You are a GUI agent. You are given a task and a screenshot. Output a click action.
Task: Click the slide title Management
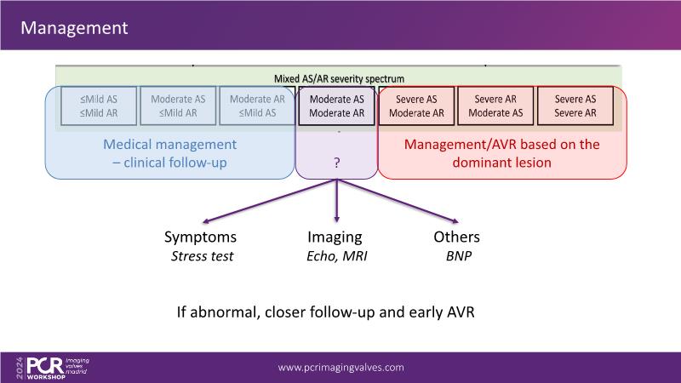[x=74, y=28]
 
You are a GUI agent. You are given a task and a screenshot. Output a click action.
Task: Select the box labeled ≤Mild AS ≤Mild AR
[x=99, y=106]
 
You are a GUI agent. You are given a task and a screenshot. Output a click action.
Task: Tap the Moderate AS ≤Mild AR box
[x=178, y=106]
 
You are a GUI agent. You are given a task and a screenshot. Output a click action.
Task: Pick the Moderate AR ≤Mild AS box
[x=257, y=106]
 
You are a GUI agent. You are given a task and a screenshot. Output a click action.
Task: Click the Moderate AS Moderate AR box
[x=336, y=106]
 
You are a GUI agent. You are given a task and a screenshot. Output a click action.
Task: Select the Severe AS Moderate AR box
[x=415, y=106]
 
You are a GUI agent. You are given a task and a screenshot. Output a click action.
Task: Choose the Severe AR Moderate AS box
[x=495, y=106]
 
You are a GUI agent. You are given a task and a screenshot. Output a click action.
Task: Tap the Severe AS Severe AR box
[x=575, y=106]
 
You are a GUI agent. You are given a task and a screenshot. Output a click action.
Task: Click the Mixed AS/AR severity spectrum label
[x=339, y=77]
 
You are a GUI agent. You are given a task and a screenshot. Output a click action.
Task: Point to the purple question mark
[x=336, y=162]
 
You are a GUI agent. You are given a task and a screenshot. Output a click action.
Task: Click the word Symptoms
[x=200, y=237]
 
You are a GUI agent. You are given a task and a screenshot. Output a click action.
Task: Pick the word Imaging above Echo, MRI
[x=335, y=237]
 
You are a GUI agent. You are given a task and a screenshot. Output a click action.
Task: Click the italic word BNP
[x=457, y=254]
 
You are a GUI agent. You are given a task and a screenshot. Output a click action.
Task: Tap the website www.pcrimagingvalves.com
[x=341, y=368]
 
